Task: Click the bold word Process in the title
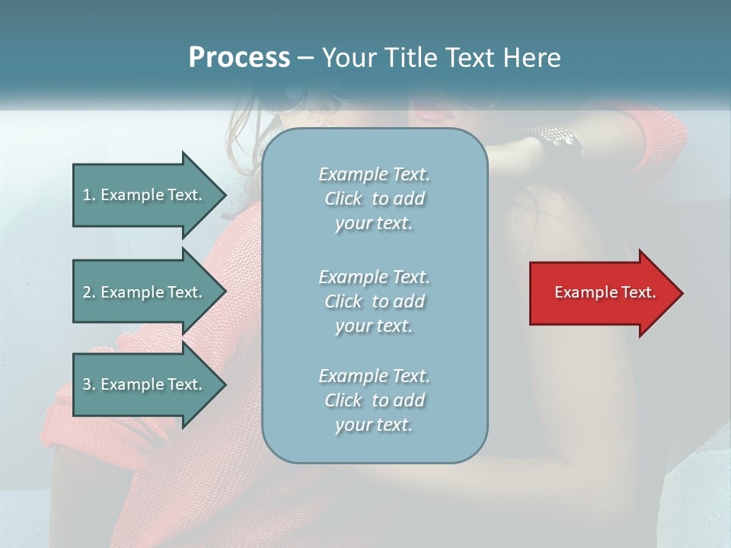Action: coord(239,58)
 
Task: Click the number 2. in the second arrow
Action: coord(88,292)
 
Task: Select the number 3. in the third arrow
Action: coord(88,384)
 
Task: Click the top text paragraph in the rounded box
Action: coord(374,199)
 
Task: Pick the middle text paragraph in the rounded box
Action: coord(374,301)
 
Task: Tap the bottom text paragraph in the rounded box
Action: coord(374,400)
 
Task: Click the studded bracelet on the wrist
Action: coord(554,136)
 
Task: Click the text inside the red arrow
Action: coord(605,292)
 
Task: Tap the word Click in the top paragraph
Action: coord(343,199)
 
